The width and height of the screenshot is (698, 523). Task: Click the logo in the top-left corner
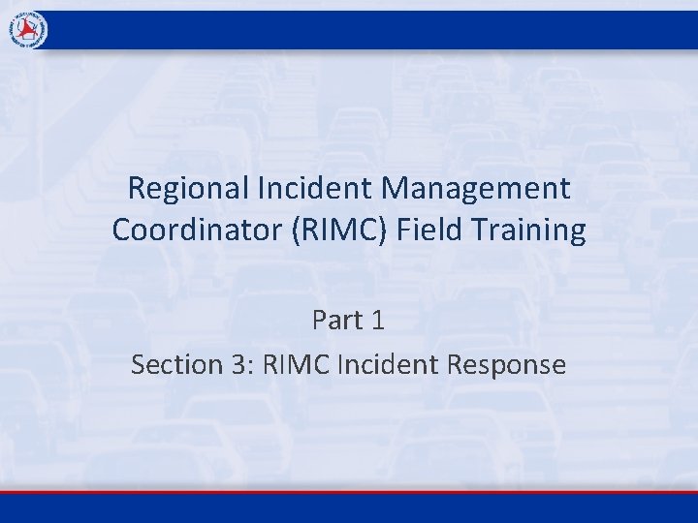28,30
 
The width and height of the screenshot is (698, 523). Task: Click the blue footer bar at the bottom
349,509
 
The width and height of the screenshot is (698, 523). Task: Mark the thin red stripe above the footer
349,492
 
